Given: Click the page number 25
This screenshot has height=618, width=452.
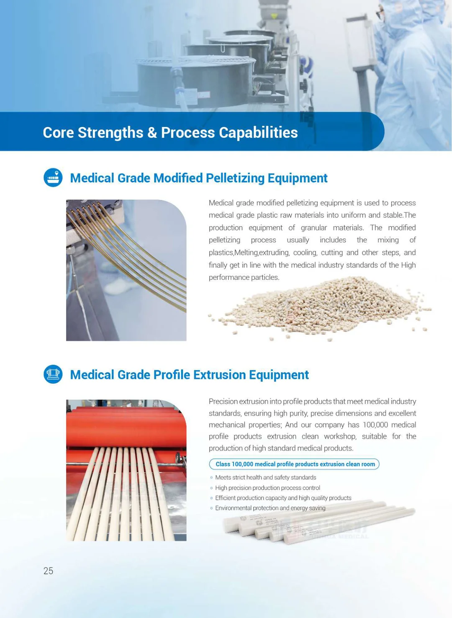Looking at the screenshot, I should coord(48,571).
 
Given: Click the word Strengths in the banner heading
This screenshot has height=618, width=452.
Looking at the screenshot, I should coord(110,132).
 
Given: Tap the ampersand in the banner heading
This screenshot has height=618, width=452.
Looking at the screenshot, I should coord(152,132).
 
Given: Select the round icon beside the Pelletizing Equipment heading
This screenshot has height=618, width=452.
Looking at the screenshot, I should coord(53,178).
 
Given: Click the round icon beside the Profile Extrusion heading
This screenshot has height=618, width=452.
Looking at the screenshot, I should coord(53,374).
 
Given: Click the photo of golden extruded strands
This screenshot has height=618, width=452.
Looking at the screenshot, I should coord(126,270).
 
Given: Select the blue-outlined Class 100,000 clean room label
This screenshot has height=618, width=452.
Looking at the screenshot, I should coord(294,464).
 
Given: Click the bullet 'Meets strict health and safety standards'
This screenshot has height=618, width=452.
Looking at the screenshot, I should coord(265,478).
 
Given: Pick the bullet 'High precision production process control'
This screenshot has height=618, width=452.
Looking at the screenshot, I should coord(267,488).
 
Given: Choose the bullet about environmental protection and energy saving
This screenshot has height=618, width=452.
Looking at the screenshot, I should coord(270,508).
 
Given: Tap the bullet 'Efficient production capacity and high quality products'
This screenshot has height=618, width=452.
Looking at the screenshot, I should coord(283,498).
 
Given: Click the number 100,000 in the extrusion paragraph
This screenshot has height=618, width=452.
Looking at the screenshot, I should coord(375,425).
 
